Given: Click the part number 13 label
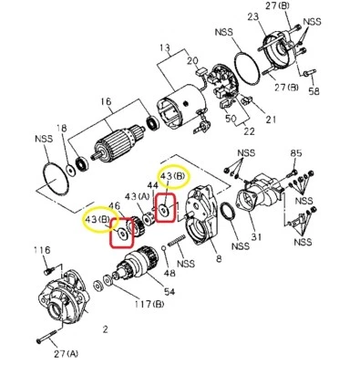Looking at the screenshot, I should pyautogui.click(x=164, y=47).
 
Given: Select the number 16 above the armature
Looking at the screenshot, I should pyautogui.click(x=105, y=103).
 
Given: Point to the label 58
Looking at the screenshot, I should pyautogui.click(x=314, y=92).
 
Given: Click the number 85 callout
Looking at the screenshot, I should pyautogui.click(x=294, y=152).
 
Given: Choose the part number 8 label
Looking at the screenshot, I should pyautogui.click(x=218, y=259).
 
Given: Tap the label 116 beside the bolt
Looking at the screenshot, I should pyautogui.click(x=41, y=249).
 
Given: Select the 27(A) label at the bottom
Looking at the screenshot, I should pyautogui.click(x=65, y=353).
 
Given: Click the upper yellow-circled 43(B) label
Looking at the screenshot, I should pyautogui.click(x=172, y=175).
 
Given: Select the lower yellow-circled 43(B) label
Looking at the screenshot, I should pyautogui.click(x=98, y=220).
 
